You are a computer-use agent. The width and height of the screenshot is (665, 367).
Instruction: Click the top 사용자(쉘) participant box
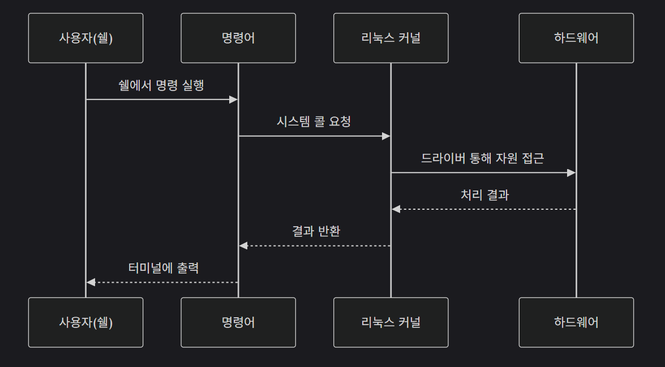click(85, 38)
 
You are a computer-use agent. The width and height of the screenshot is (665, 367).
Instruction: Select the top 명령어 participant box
click(238, 38)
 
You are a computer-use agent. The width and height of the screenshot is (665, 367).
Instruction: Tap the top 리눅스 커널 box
click(391, 38)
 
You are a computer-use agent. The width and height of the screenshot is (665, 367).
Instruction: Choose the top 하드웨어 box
click(576, 38)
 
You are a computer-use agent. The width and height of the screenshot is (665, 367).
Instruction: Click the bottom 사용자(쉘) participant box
click(85, 322)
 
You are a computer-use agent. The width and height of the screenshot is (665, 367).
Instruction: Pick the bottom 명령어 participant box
click(238, 322)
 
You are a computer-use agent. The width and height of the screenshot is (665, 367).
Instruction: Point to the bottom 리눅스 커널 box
click(391, 322)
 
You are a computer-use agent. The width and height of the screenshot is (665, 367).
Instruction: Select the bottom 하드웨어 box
click(576, 322)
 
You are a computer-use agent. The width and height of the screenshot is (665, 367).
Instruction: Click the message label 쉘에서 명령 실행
click(161, 85)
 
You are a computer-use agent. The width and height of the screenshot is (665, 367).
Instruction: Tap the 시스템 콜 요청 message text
click(314, 122)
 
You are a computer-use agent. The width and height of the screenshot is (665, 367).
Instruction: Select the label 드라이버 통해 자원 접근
click(483, 158)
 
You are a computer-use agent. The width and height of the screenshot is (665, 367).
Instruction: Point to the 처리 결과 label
click(484, 195)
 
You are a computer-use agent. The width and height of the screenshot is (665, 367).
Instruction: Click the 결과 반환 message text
click(316, 231)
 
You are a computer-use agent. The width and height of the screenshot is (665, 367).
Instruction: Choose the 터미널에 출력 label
click(164, 268)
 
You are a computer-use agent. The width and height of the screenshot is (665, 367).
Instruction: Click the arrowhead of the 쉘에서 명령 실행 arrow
click(233, 100)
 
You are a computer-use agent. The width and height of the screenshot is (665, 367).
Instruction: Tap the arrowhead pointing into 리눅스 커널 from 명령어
click(386, 136)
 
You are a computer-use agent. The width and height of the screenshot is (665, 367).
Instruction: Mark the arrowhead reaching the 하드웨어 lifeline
click(572, 172)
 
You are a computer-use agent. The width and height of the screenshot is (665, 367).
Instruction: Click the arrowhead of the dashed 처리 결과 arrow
click(396, 209)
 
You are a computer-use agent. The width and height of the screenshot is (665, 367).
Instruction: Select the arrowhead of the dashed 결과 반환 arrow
click(243, 245)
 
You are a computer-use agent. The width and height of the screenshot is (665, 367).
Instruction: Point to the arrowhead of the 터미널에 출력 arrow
click(91, 282)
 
